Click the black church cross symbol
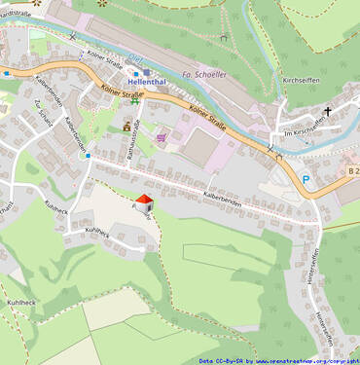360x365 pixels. (328, 111)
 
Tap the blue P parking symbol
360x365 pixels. (306, 179)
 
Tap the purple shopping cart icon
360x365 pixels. (161, 138)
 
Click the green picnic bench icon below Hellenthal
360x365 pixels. (134, 103)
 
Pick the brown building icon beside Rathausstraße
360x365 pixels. (126, 127)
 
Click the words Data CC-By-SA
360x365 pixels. (220, 360)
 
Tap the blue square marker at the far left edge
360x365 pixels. (6, 73)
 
